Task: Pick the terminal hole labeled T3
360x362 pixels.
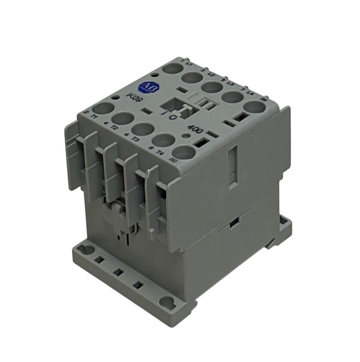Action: point(142,129)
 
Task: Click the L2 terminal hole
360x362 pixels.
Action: point(191,78)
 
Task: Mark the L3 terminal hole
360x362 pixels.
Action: point(212,87)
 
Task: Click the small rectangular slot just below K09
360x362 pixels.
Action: point(147,111)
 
